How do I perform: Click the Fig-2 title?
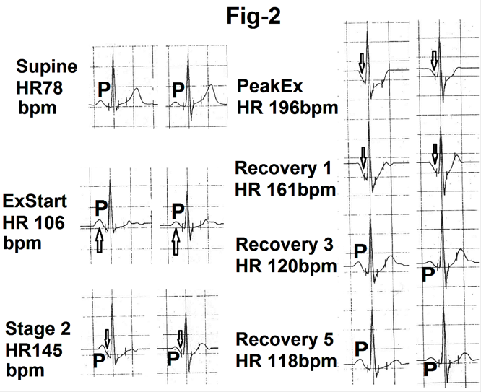(x=253, y=17)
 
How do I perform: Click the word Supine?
(x=47, y=67)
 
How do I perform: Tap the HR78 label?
(x=40, y=87)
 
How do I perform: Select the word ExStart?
(x=35, y=201)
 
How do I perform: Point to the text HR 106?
(x=34, y=222)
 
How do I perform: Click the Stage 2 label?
(x=38, y=328)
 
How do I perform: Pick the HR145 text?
(x=34, y=350)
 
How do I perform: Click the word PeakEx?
(x=270, y=86)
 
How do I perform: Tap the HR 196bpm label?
(x=287, y=108)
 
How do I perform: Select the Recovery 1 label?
(x=283, y=168)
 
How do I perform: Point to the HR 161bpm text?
(x=285, y=190)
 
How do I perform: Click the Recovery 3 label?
(x=285, y=245)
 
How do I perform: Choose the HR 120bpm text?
(x=286, y=266)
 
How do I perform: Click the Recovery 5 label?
(x=285, y=339)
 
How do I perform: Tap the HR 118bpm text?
(x=286, y=361)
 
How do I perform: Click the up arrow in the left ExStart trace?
(x=99, y=241)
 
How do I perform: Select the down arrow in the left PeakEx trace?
(x=362, y=62)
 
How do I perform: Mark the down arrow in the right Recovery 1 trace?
(x=435, y=154)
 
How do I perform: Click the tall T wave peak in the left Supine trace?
(x=136, y=89)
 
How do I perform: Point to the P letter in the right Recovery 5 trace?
(x=430, y=369)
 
